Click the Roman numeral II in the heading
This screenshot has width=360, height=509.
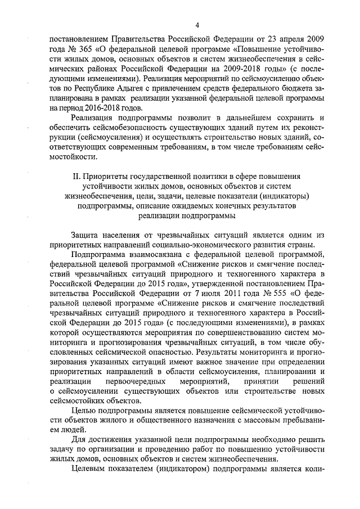[77, 175]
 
